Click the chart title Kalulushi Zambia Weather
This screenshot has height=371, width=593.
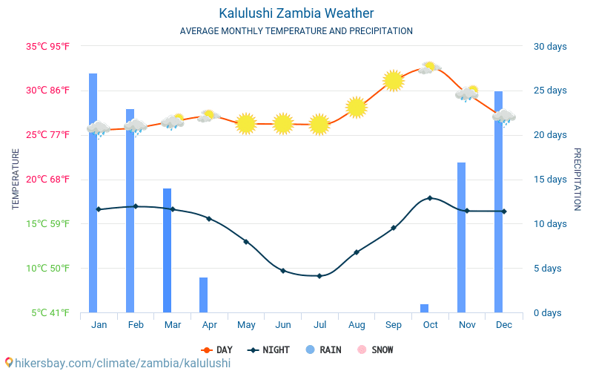click(296, 13)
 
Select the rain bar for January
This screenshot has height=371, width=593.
click(93, 193)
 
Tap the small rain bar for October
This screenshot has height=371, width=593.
click(425, 308)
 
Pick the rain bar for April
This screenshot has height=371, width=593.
click(204, 295)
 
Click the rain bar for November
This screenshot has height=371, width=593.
click(462, 237)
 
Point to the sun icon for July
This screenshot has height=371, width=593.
click(319, 125)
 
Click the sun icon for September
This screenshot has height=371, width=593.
click(393, 80)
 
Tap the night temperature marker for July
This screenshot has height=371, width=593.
click(319, 276)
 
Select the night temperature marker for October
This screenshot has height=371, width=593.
click(430, 198)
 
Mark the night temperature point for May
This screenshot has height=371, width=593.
click(246, 242)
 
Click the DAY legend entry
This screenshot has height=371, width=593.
click(218, 349)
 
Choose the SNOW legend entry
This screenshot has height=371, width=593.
click(376, 349)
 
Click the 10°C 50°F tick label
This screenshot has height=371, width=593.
click(49, 268)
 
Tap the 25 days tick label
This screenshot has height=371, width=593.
click(550, 91)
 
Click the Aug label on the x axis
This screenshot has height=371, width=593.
click(357, 325)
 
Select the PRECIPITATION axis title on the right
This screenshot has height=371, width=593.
click(577, 179)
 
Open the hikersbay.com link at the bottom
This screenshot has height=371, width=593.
click(119, 363)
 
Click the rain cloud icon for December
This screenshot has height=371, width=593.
click(504, 116)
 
